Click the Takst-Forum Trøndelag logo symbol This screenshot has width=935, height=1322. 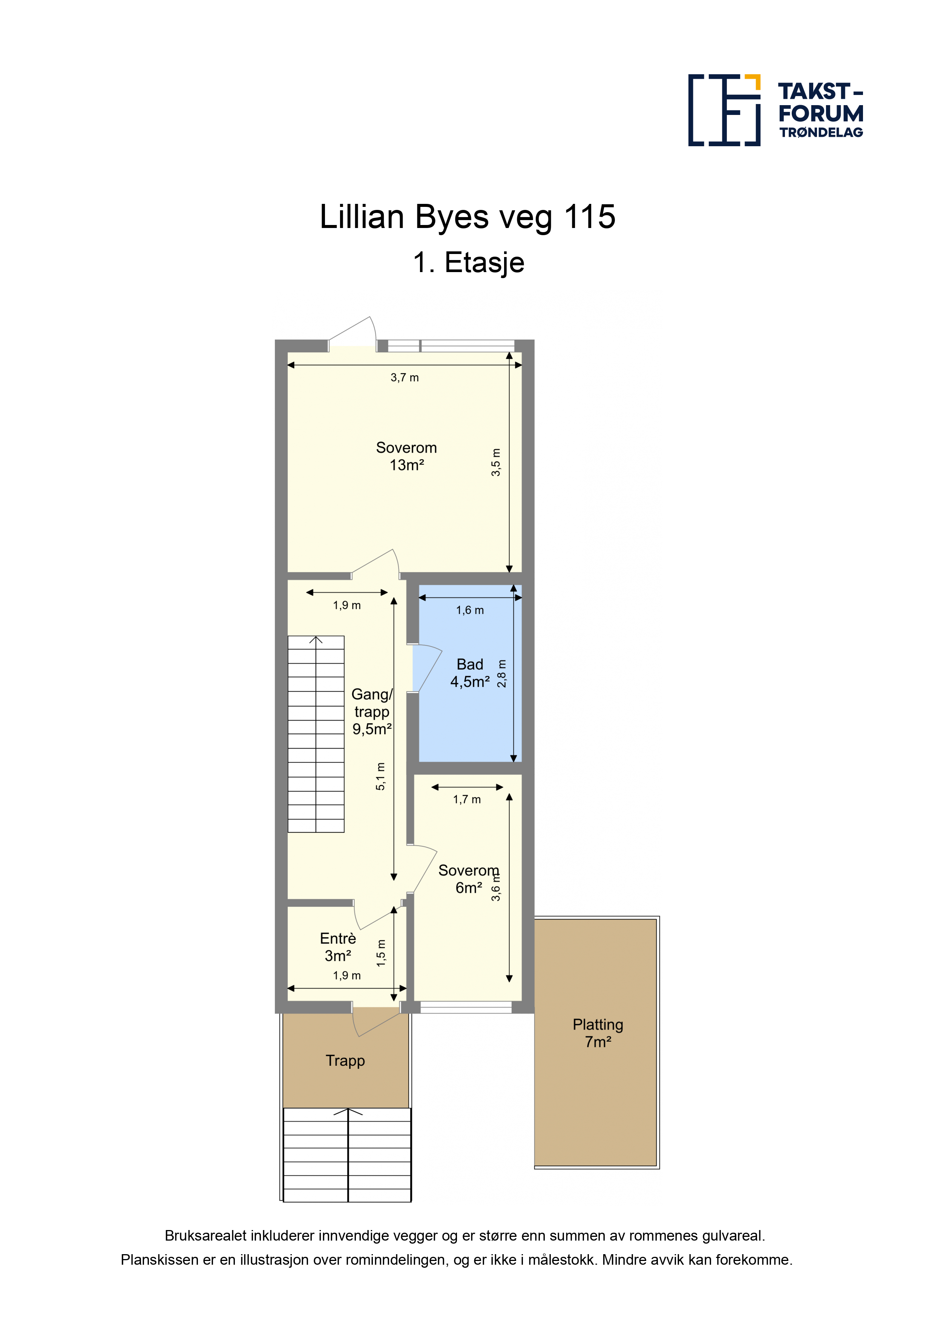tap(724, 110)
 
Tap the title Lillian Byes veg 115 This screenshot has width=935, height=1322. tap(468, 217)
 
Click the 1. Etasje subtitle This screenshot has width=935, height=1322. tap(468, 263)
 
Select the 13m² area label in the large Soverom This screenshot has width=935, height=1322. tap(407, 465)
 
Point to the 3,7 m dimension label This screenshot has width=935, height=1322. tap(405, 378)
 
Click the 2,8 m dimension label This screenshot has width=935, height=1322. tap(502, 673)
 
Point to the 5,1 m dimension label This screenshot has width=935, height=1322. tap(381, 776)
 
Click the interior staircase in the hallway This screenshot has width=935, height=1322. tap(316, 734)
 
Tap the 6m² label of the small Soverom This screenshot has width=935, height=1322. tap(469, 888)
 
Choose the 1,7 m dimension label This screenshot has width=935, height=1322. tap(467, 799)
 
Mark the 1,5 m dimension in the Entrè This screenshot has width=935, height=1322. tap(381, 953)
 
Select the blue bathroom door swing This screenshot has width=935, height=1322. tap(427, 668)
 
